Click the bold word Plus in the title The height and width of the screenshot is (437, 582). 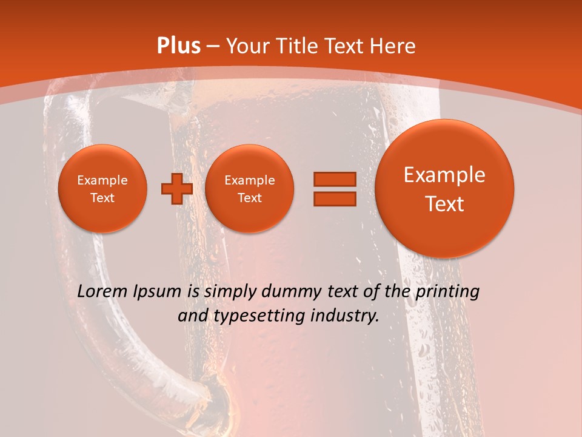(x=179, y=46)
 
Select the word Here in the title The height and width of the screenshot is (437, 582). (x=394, y=46)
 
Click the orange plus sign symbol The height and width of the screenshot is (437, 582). (x=177, y=189)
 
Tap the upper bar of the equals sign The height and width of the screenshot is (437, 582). (x=334, y=179)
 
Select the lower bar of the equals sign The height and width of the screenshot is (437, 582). (x=334, y=198)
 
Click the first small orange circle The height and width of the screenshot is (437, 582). (x=102, y=189)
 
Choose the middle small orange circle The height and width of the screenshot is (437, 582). (x=249, y=189)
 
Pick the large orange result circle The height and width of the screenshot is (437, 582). (x=444, y=189)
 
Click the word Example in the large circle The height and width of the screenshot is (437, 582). (x=444, y=175)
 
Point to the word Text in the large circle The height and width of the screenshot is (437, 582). (x=444, y=204)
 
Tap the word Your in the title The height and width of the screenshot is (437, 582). (x=249, y=46)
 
